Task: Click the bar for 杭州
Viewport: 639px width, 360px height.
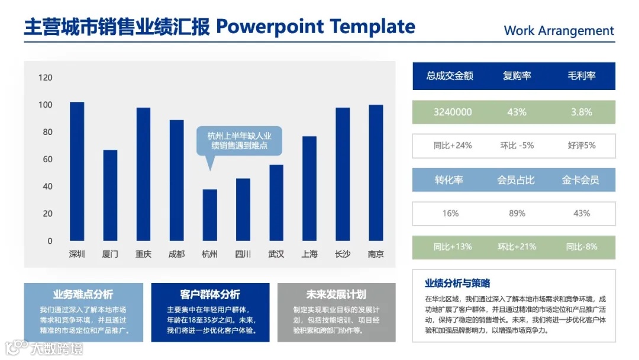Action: click(x=210, y=215)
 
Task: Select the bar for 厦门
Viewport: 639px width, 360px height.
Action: click(x=110, y=195)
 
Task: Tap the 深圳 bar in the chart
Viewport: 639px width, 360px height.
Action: click(x=77, y=171)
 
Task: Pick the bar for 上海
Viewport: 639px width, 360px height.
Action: click(x=309, y=188)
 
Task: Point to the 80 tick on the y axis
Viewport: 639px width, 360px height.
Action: click(x=48, y=131)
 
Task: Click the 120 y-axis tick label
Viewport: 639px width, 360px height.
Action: click(x=45, y=78)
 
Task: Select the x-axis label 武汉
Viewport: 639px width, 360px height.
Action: click(x=276, y=254)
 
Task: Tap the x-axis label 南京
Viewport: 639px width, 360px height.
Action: click(x=376, y=254)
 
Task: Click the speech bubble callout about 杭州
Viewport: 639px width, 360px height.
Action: click(x=239, y=141)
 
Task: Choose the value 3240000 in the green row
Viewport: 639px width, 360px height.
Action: click(x=453, y=112)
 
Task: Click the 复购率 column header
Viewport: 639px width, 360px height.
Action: click(x=517, y=76)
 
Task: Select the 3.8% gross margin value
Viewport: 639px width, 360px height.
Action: click(x=582, y=112)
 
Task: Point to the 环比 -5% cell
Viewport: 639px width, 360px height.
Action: click(x=517, y=146)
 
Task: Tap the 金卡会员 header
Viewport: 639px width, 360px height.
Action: click(x=581, y=180)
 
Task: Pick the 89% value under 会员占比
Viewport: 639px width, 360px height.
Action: click(x=517, y=213)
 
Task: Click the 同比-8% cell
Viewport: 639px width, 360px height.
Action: click(x=582, y=247)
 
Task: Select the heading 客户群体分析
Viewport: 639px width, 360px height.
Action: click(x=210, y=294)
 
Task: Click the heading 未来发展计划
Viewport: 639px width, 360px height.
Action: click(x=336, y=294)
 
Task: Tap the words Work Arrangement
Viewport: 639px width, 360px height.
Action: click(x=559, y=31)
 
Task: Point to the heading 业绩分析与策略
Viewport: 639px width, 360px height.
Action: click(x=457, y=284)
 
